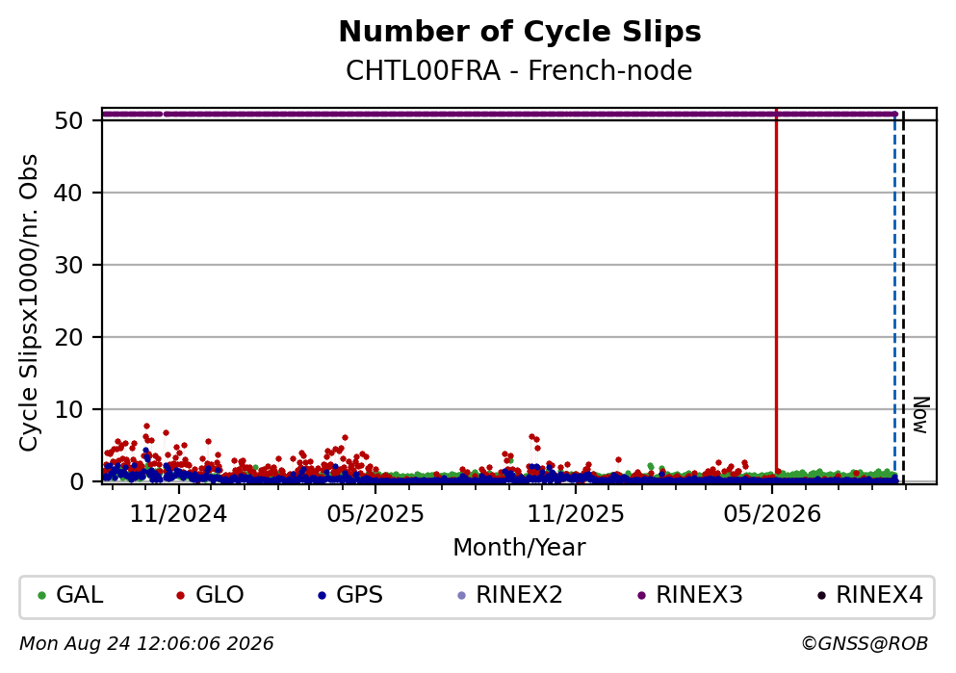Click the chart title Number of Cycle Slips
coord(520,32)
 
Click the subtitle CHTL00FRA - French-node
coord(519,70)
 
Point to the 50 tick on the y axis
coord(68,120)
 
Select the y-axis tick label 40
coord(68,193)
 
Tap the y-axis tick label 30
coord(68,265)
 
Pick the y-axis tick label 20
coord(68,337)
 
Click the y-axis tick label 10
coord(68,409)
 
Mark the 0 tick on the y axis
coord(76,481)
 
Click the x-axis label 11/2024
coord(178,514)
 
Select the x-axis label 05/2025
coord(375,514)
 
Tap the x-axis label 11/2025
coord(576,514)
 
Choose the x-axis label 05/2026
coord(772,514)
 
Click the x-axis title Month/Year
coord(519,548)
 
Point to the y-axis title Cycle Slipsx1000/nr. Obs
coord(29,303)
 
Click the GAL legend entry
coord(70,595)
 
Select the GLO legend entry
coord(210,595)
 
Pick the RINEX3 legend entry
coord(689,595)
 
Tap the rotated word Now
coord(921,415)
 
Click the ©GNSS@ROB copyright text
coord(865,644)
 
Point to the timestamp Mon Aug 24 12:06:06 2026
coord(146,644)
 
